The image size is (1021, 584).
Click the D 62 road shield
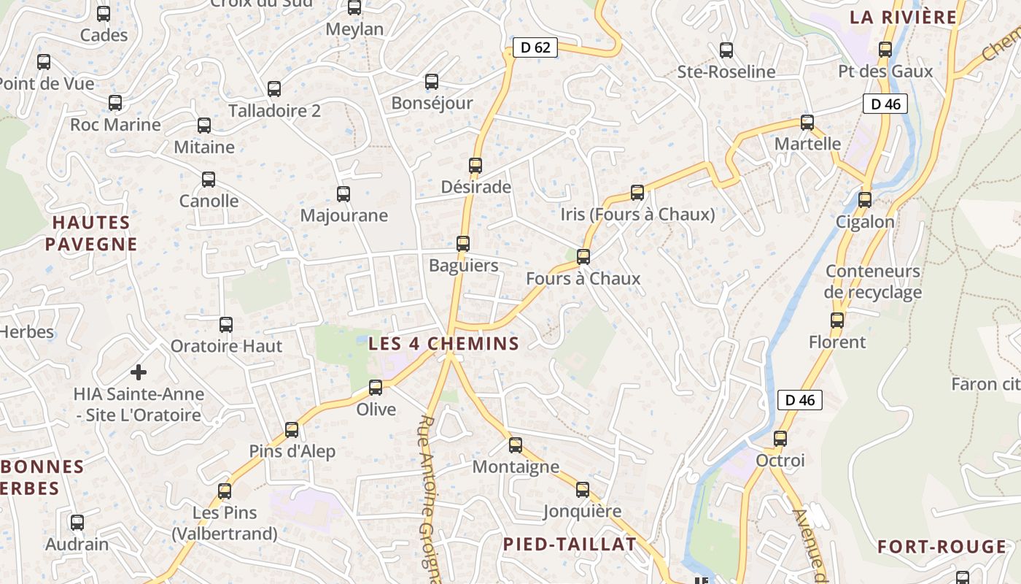pos(535,48)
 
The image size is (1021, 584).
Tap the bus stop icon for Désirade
pos(475,166)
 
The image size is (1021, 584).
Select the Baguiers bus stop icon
pos(463,244)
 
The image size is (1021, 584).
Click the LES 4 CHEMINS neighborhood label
pos(443,343)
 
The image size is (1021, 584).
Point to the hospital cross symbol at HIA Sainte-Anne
pos(138,372)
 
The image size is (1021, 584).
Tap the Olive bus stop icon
pos(376,388)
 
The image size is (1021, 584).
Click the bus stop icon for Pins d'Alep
pos(292,430)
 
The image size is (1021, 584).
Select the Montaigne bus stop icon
pos(516,445)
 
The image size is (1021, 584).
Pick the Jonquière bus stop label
pos(582,511)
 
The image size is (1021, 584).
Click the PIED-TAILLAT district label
pos(570,544)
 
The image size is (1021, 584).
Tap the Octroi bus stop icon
pos(780,439)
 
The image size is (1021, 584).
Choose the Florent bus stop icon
pos(837,320)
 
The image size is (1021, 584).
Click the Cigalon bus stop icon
pos(865,199)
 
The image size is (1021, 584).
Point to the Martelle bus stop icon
pos(807,123)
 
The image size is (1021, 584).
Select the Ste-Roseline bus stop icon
pos(726,50)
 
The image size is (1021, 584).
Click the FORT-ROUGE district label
pos(942,547)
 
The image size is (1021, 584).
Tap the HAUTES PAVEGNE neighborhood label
pos(91,234)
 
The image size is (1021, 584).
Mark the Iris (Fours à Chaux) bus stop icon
pos(637,193)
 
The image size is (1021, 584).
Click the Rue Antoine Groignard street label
pos(430,500)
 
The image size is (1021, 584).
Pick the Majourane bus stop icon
pos(343,194)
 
